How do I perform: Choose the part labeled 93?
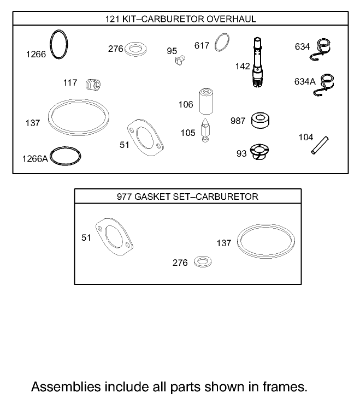click(260, 152)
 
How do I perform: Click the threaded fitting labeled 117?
click(94, 84)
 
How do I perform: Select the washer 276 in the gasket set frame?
click(202, 261)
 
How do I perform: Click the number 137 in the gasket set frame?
click(224, 243)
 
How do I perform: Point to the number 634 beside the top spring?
click(302, 47)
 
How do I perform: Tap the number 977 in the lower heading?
click(125, 196)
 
